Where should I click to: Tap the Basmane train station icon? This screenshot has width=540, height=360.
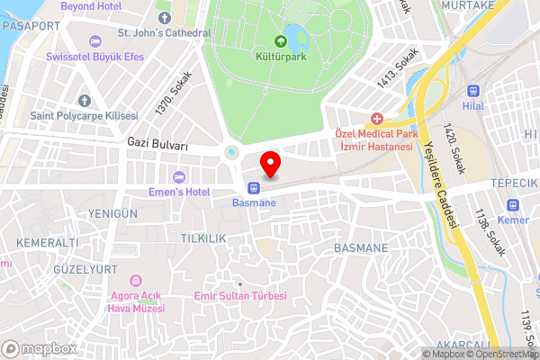click(255, 188)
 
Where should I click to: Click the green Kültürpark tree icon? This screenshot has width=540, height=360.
click(280, 41)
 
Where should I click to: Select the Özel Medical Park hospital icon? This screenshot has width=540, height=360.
click(375, 119)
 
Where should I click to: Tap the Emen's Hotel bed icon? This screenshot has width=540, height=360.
click(178, 175)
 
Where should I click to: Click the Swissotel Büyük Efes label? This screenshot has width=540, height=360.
click(98, 56)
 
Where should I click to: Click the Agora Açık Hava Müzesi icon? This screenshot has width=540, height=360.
click(137, 283)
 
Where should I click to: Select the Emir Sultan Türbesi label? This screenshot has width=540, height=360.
click(240, 296)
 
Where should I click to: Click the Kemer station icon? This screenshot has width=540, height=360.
click(513, 205)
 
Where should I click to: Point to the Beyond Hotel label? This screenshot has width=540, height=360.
click(90, 5)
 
